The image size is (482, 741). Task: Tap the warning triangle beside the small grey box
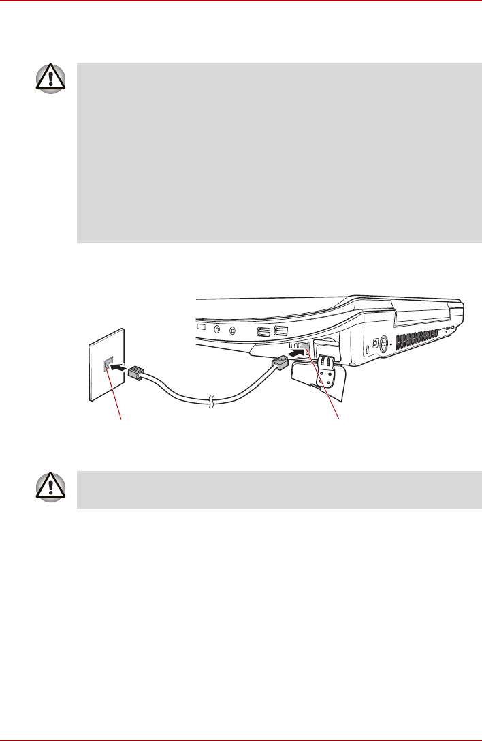tap(52, 487)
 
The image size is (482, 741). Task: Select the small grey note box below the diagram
tap(279, 489)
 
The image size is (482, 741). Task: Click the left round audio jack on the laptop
tap(218, 329)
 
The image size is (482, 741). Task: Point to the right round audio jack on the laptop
tap(233, 331)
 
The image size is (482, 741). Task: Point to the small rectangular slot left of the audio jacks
tap(201, 328)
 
